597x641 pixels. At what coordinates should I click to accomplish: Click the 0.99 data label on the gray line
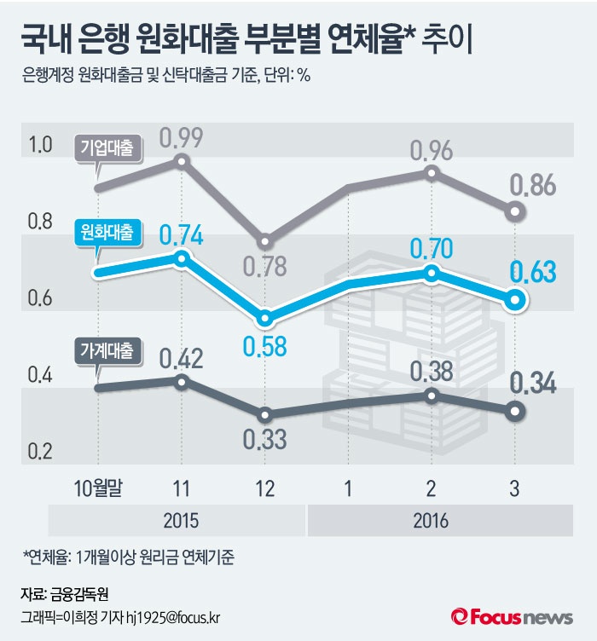click(x=180, y=136)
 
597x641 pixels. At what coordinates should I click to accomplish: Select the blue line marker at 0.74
click(x=180, y=257)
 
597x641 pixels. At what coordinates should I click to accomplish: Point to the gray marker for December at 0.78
click(x=264, y=241)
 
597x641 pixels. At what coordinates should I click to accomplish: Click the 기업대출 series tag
click(x=107, y=147)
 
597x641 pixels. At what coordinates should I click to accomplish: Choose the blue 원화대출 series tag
click(x=107, y=232)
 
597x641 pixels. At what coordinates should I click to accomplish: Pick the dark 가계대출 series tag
click(x=107, y=350)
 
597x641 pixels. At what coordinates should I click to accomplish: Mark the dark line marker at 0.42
click(x=180, y=381)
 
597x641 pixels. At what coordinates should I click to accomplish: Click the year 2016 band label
click(x=431, y=519)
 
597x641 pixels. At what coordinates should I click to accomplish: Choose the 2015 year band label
click(x=180, y=519)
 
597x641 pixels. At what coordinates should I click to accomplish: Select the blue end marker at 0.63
click(x=514, y=299)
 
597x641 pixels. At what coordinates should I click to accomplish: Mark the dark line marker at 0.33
click(x=264, y=414)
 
